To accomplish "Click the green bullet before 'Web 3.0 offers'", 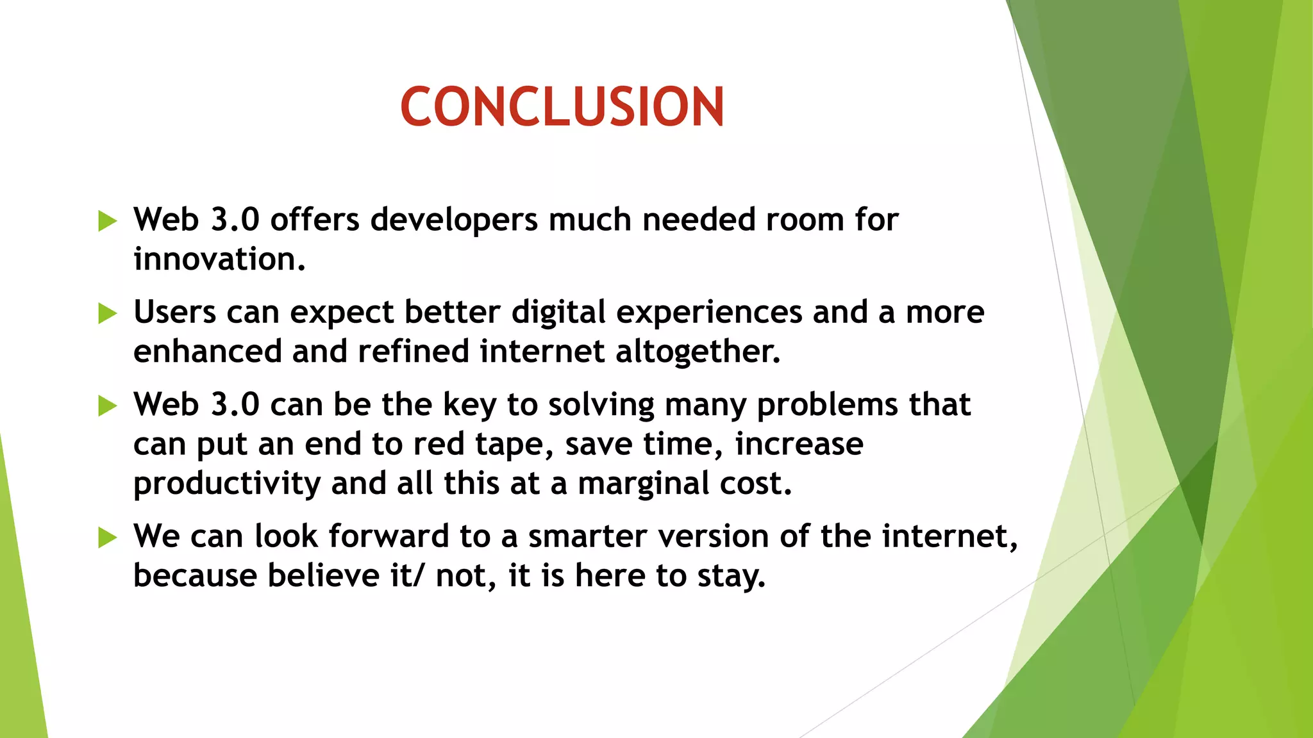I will click(108, 221).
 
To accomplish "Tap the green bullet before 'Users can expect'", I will click(108, 314).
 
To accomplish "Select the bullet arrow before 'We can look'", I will click(108, 537).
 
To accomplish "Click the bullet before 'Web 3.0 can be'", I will click(108, 406).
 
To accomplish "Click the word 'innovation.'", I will click(219, 259).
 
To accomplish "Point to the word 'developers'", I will click(454, 220).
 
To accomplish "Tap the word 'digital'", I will click(558, 313).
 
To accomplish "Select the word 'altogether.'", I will click(698, 352).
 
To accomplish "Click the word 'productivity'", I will click(226, 484).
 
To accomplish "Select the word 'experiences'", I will click(709, 313).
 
